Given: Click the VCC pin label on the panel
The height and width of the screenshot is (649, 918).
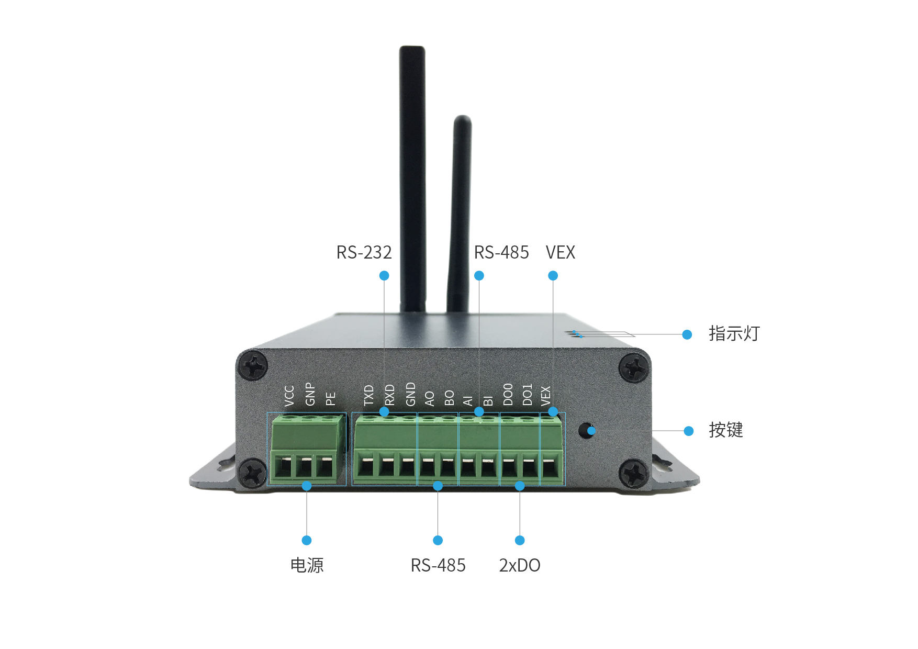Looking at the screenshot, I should [x=289, y=396].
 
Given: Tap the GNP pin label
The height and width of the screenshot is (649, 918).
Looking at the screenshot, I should [x=310, y=394].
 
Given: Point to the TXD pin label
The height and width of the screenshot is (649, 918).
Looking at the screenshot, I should [x=369, y=395].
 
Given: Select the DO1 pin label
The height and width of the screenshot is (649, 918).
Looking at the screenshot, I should [x=527, y=395].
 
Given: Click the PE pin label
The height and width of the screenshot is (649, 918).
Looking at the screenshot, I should [x=330, y=399].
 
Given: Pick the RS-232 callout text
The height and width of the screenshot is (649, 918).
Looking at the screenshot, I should [x=364, y=253].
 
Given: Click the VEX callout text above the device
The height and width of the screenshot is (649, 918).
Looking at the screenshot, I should [x=560, y=253].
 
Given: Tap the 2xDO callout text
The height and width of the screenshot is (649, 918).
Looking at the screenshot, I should [x=519, y=565].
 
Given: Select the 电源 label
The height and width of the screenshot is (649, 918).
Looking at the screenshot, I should [x=307, y=565].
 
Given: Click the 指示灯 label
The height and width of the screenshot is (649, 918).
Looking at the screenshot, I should [x=734, y=333].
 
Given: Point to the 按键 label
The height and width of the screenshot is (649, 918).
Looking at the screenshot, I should [x=725, y=430].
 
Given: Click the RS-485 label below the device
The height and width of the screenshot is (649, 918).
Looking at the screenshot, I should [x=438, y=565].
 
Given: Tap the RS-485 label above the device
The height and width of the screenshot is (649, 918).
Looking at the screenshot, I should [x=501, y=253].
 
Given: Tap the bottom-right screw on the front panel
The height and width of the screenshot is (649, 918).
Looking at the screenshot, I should [x=634, y=474].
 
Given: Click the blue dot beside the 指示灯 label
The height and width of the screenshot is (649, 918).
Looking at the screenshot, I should [x=687, y=334].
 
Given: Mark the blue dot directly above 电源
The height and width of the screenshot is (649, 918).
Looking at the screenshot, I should [x=307, y=540].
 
